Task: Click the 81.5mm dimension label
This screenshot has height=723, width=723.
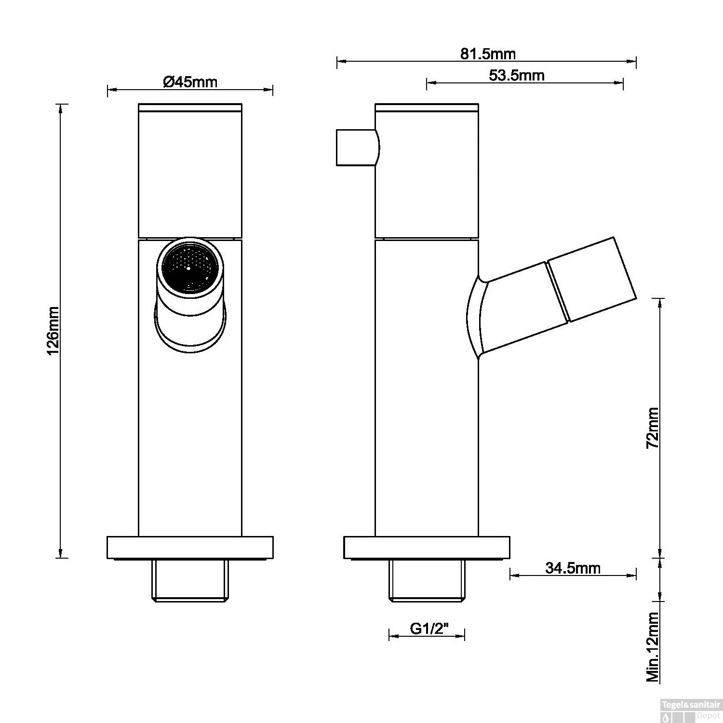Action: click(488, 54)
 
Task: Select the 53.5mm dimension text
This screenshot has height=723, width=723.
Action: click(516, 76)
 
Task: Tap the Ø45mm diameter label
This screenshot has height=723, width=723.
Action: click(190, 82)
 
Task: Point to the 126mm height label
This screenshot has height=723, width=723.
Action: click(53, 331)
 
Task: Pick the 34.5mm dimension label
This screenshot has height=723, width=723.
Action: click(573, 568)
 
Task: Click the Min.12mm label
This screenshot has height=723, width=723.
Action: click(653, 647)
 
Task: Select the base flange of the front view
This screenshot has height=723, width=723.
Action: click(189, 548)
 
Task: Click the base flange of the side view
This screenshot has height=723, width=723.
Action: click(426, 548)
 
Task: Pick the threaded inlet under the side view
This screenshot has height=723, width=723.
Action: click(427, 581)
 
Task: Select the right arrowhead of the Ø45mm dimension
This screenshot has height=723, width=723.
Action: click(269, 90)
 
